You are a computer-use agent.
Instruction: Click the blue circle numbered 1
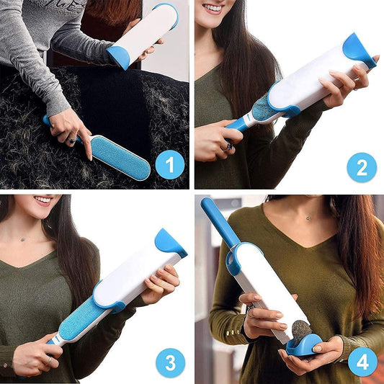click(x=169, y=166)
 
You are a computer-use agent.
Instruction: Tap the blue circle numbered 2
click(x=361, y=167)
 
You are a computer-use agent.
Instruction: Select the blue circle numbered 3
click(x=169, y=362)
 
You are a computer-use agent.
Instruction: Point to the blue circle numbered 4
click(x=362, y=362)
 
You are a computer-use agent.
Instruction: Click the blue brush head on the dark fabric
click(x=120, y=156)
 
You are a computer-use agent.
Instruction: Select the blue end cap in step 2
click(x=358, y=49)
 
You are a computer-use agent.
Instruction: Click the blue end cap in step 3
click(x=170, y=244)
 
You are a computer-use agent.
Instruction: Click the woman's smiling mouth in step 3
click(x=43, y=200)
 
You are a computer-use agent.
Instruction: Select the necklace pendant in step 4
click(x=309, y=218)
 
